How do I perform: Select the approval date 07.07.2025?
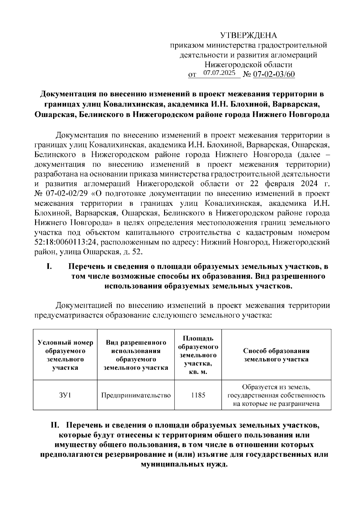coord(219,73)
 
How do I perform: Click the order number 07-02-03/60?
coord(274,74)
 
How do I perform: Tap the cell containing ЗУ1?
coord(65,395)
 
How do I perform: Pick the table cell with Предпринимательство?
coord(136,395)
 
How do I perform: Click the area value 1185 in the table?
coord(198,395)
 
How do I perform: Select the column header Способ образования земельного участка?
coord(276,355)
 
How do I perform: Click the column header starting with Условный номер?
coord(65,355)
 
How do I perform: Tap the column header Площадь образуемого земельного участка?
coord(198,355)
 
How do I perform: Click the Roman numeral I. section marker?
coord(50,266)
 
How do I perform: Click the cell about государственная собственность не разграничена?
coord(276,395)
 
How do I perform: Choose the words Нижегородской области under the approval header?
coord(248,64)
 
